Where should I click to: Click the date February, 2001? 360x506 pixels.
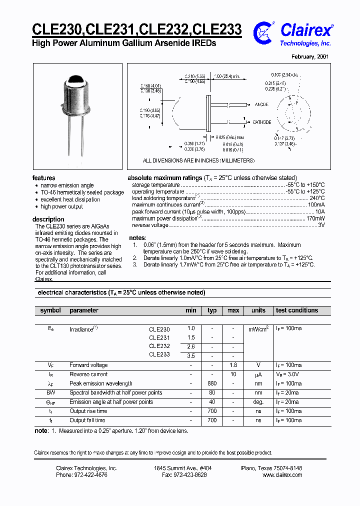311,57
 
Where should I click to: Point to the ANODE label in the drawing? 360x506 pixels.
261,105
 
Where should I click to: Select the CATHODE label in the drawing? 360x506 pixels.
261,122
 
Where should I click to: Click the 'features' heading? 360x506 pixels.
44,178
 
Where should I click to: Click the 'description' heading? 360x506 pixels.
48,219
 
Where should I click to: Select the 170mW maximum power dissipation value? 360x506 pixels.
315,218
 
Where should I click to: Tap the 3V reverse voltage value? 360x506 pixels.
321,225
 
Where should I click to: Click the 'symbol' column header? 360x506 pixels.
50,310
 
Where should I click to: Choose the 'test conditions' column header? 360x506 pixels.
297,310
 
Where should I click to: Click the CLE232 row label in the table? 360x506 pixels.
159,346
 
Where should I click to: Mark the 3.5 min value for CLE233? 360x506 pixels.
191,356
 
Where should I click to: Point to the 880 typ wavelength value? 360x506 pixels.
212,383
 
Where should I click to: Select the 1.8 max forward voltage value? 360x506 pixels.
233,365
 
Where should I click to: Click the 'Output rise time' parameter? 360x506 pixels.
89,411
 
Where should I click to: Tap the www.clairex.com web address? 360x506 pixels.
282,475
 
